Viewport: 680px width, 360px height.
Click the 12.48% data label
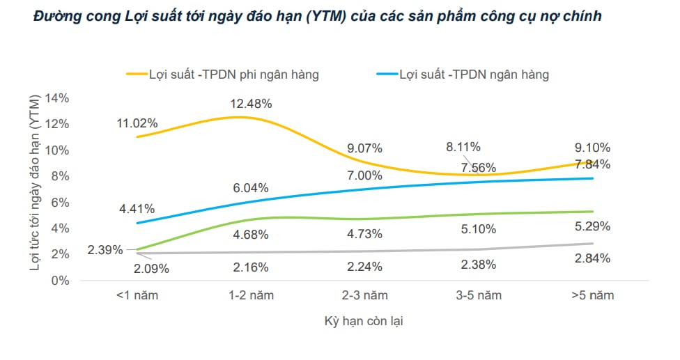251,104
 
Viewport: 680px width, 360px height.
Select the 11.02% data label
137,123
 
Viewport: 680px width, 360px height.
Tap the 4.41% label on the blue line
137,208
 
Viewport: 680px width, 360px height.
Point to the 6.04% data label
249,188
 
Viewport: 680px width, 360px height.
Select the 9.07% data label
364,148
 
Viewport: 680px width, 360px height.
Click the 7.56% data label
477,167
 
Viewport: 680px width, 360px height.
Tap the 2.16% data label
249,266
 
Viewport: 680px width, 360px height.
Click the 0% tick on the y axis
61,280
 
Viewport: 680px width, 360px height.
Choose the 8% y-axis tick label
61,176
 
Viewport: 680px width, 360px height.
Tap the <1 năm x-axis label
138,295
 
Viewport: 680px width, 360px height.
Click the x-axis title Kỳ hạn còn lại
364,322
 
